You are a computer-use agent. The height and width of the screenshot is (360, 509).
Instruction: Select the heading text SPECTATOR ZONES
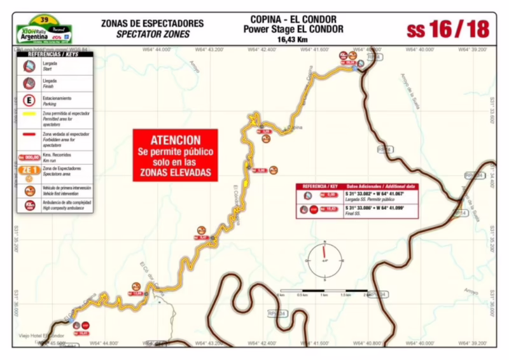pos(152,34)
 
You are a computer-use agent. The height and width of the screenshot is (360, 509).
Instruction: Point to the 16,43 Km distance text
pos(293,38)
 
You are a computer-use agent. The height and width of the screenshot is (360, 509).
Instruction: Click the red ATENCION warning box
pos(175,155)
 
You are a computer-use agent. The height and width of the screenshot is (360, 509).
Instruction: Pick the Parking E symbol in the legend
pos(29,100)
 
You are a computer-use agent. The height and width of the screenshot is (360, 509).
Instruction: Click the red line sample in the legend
pos(29,135)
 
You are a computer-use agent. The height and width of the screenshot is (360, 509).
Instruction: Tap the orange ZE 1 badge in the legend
pos(29,170)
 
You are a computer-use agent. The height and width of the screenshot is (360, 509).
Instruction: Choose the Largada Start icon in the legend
pos(29,66)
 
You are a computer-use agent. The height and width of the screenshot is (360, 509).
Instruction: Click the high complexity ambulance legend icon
pos(29,205)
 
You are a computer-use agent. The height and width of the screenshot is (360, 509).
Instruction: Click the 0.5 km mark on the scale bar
pos(302,291)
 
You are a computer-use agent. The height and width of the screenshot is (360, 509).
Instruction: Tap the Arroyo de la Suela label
pos(410,89)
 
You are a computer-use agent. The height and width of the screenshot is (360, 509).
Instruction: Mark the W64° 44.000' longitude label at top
pos(156,49)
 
